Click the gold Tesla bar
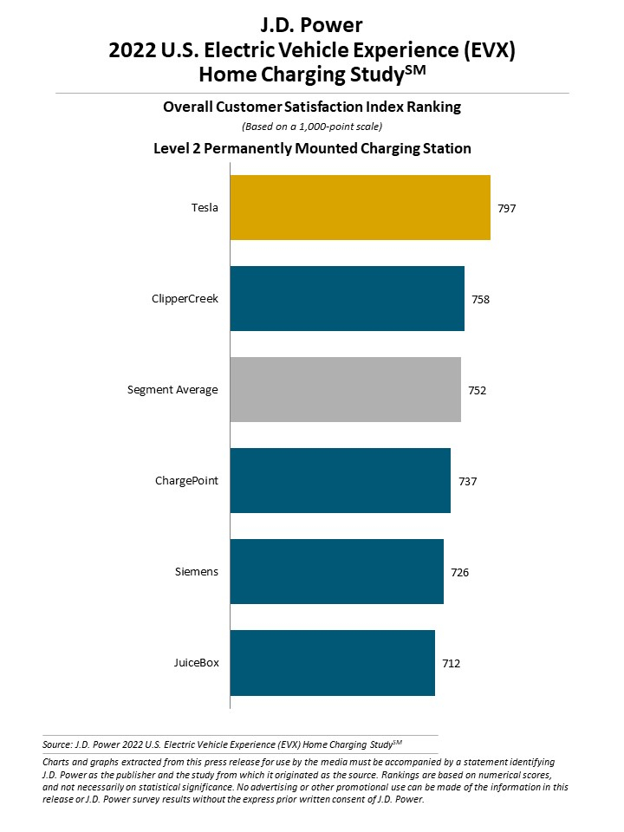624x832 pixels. (360, 208)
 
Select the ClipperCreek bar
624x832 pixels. (347, 299)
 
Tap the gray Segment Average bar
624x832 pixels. (345, 390)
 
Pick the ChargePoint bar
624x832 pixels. (340, 481)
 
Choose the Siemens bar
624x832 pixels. (336, 572)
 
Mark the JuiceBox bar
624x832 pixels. (332, 663)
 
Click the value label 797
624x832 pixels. (507, 209)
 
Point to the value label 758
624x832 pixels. (481, 300)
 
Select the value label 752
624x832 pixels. (478, 391)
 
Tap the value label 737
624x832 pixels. (467, 482)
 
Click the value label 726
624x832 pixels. (460, 573)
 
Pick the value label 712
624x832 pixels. (452, 664)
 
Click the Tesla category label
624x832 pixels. (205, 208)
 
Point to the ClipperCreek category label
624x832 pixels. (185, 299)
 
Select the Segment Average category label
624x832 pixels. (172, 390)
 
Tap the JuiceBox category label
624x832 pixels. (196, 663)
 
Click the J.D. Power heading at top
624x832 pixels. (311, 26)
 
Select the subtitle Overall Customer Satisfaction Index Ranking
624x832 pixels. (312, 107)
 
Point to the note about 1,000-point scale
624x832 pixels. (312, 127)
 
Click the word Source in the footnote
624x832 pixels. (55, 744)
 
